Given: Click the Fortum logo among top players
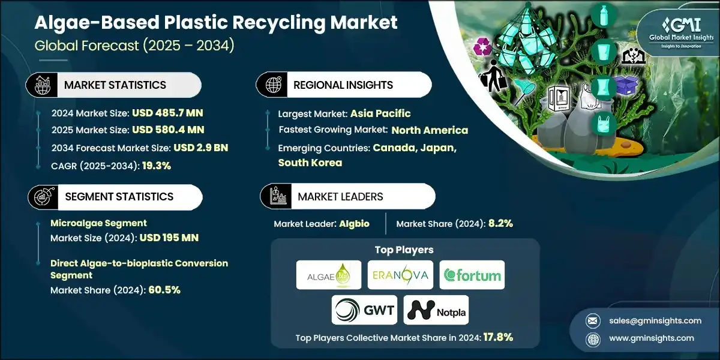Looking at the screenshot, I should (x=472, y=275).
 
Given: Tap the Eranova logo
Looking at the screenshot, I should (x=400, y=275).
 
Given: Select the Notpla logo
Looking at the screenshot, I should (x=436, y=310).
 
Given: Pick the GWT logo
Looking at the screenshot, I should (x=364, y=310).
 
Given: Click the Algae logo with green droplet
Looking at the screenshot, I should (x=329, y=275).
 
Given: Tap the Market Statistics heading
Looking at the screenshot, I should (x=115, y=85).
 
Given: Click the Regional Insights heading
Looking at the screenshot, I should (x=343, y=85).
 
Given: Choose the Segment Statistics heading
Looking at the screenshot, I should (x=119, y=196).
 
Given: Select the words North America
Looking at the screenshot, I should (x=430, y=130).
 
